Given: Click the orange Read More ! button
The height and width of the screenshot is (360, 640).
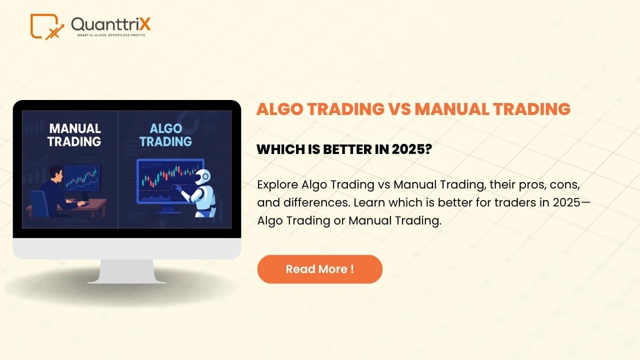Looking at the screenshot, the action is [x=319, y=269].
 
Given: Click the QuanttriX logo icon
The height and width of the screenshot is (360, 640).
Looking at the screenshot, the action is [x=47, y=26].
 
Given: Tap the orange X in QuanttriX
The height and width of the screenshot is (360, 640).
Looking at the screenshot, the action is [x=145, y=24].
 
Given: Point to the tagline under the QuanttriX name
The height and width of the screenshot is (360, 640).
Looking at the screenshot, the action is [x=111, y=35].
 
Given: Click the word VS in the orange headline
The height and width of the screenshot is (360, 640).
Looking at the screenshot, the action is [x=399, y=109].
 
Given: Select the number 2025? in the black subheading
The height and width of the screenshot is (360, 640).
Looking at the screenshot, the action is [x=411, y=149].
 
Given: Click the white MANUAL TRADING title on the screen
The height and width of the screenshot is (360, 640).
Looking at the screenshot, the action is [x=74, y=135].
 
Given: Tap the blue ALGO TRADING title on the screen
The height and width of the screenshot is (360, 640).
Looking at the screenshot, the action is [x=165, y=135].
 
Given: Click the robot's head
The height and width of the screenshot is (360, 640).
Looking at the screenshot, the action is [x=203, y=177].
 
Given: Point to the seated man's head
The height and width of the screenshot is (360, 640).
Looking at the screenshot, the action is [x=56, y=173].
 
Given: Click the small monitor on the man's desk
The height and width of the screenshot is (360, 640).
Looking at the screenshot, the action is [x=82, y=178].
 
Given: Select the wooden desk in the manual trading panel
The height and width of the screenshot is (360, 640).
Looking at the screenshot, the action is [x=67, y=207].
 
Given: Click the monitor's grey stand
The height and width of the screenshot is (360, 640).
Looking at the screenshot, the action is [x=127, y=271].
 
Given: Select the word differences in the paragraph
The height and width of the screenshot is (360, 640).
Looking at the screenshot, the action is [x=316, y=202].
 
